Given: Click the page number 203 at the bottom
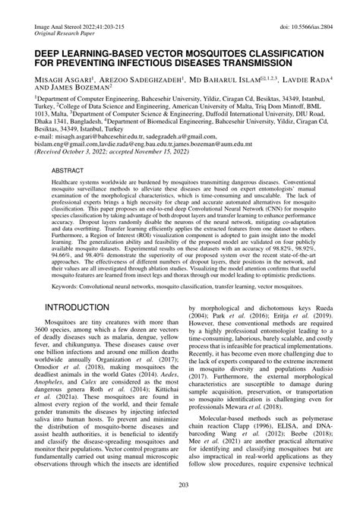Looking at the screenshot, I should pos(180,485).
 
